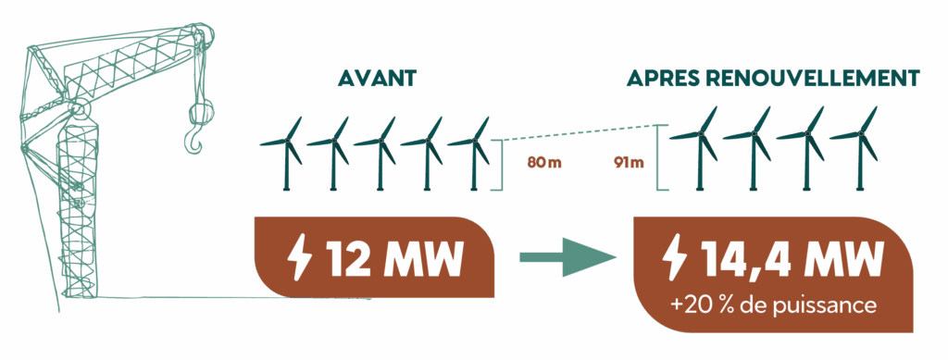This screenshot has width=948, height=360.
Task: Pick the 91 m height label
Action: click(629, 164)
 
